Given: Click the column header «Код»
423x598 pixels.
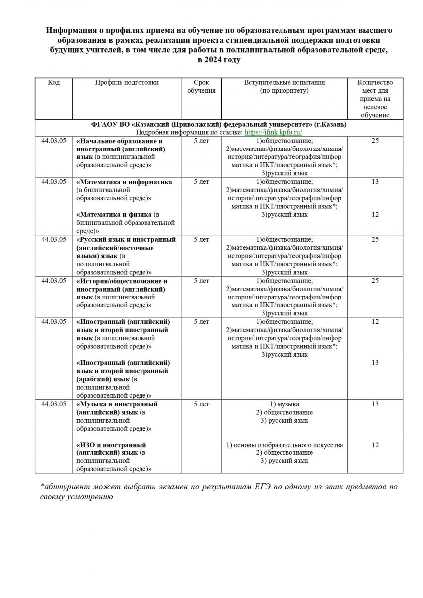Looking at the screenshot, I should tap(54, 83).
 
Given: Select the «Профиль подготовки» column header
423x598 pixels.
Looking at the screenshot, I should tap(127, 83).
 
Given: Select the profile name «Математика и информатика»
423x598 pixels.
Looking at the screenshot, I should tap(125, 182).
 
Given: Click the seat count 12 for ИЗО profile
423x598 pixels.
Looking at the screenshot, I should tap(375, 445).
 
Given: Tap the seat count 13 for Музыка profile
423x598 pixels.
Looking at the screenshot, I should tap(375, 404).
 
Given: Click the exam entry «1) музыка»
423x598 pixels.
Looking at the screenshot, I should tap(284, 404).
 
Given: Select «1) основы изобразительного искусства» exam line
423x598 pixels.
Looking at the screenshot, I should tap(284, 445).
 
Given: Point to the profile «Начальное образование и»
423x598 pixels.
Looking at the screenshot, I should tap(120, 142).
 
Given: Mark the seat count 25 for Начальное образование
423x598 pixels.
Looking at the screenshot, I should tap(375, 142).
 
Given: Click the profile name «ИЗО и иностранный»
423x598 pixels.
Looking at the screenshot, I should tap(111, 445).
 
